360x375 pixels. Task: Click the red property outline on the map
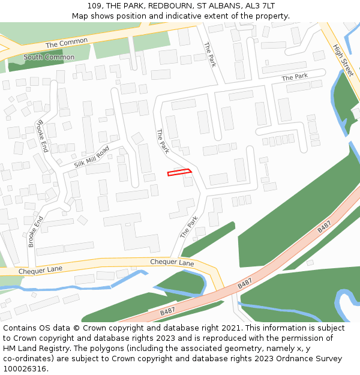point(179,173)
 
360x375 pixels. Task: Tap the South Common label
point(49,58)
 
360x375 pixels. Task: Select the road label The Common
point(67,43)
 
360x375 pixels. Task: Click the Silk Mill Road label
point(92,156)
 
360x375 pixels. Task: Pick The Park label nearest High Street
point(295,77)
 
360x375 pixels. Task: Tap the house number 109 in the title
point(94,6)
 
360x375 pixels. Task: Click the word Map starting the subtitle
point(80,16)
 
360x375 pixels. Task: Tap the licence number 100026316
point(26,369)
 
